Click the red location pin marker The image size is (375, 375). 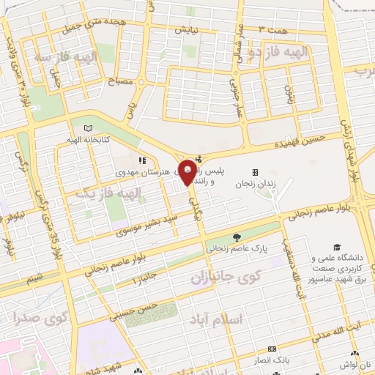pos(187,172)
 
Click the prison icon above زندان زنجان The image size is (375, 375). pos(255,172)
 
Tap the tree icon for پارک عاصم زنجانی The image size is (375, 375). pos(236,237)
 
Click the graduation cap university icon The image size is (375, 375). pos(337,247)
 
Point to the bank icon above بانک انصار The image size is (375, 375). pos(272,349)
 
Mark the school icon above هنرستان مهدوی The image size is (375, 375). pos(142,160)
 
